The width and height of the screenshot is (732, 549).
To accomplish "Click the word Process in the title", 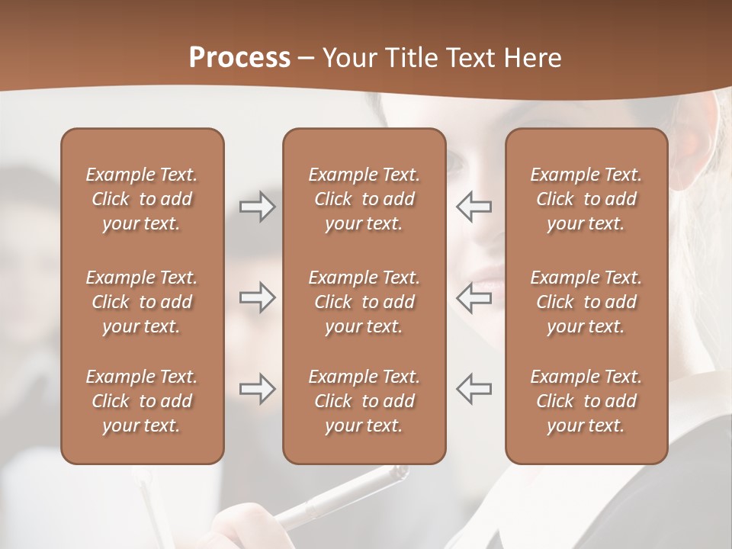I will tap(239, 58).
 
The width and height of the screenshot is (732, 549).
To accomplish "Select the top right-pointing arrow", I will tap(257, 207).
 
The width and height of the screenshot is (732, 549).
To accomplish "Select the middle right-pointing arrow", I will tap(257, 298).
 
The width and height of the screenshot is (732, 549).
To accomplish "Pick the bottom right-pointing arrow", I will tap(257, 389).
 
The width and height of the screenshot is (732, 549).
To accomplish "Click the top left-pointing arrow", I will tap(474, 207).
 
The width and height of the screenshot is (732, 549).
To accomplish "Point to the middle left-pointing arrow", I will tap(474, 298).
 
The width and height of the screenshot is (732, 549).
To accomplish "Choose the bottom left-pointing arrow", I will tap(474, 389).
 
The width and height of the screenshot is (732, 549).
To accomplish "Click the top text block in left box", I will tap(142, 199).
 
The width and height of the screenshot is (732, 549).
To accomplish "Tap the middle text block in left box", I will tap(142, 302).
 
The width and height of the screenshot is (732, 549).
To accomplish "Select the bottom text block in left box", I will tap(142, 401).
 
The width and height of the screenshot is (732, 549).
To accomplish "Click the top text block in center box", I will tap(364, 199).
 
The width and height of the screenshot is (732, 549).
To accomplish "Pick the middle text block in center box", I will tap(364, 302).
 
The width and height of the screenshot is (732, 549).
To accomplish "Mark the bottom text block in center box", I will tap(364, 401).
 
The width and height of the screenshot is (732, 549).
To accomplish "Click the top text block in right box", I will tap(586, 199).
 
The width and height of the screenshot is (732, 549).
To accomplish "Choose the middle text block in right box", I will tap(586, 302).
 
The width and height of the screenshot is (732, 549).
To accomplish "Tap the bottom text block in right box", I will tap(586, 401).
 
